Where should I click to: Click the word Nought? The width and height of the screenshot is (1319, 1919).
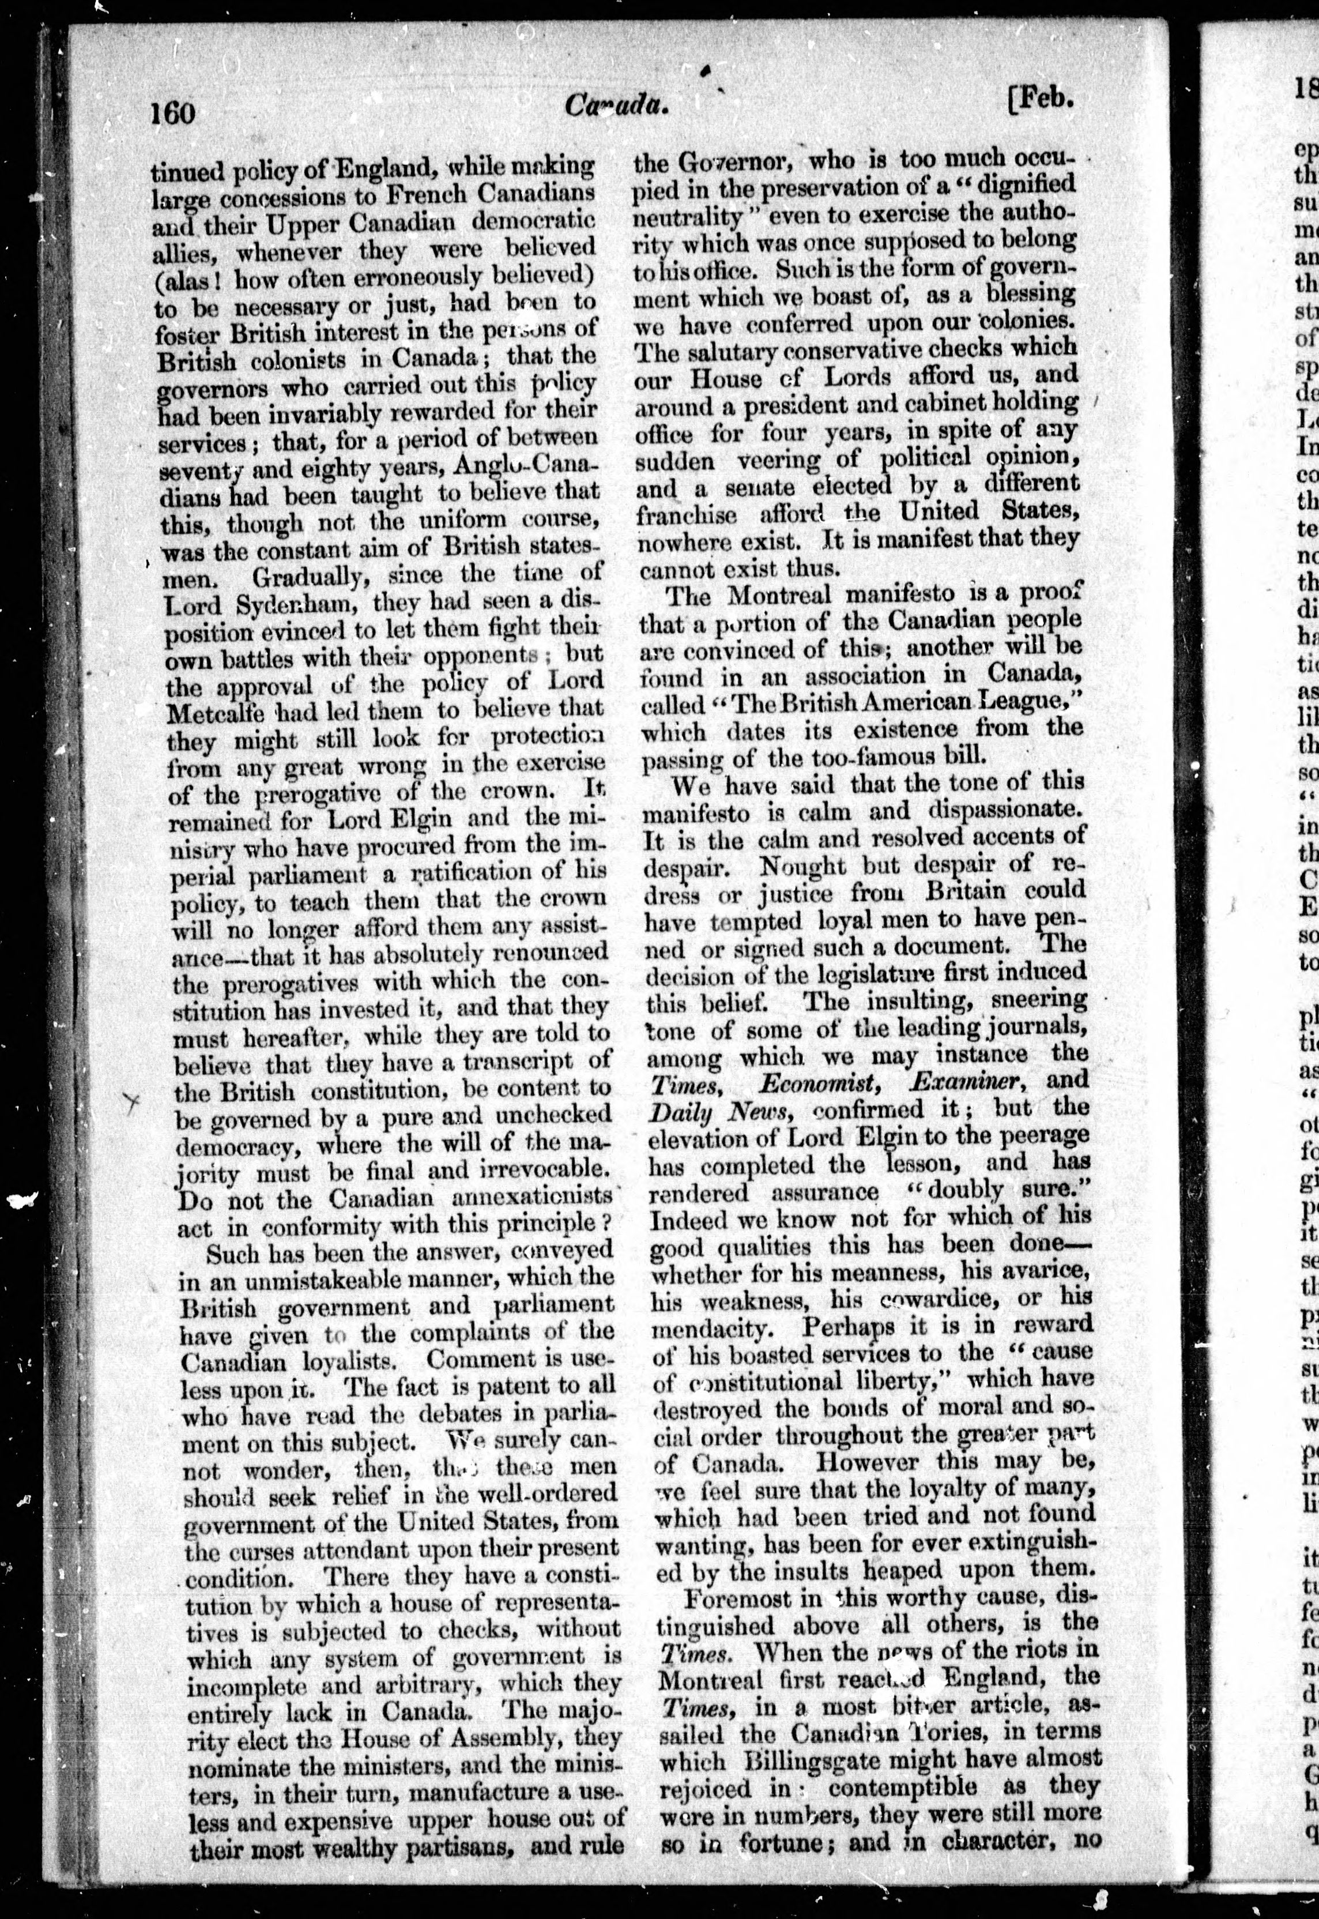coord(808,866)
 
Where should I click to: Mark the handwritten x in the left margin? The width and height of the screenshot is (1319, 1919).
coord(131,1099)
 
